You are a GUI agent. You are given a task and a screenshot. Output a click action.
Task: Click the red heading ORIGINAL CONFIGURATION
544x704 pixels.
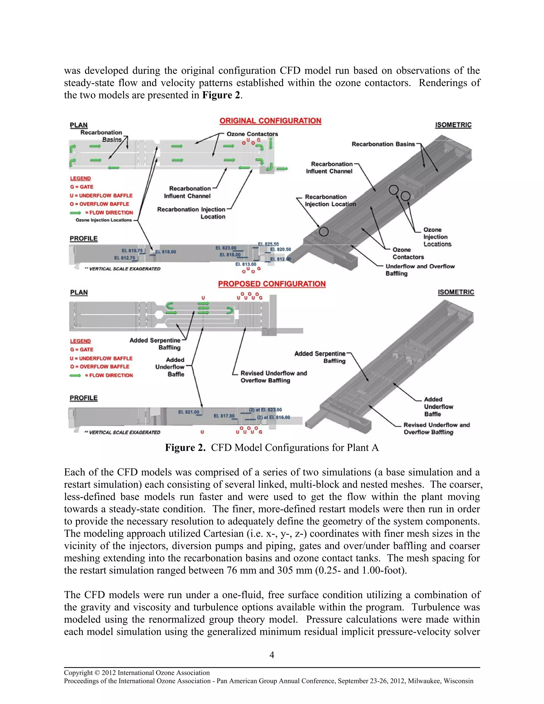coord(270,121)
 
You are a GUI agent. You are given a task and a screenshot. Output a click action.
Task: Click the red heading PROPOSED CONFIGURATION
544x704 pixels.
coord(272,284)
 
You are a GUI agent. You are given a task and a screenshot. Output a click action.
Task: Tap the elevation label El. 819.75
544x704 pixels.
coord(132,251)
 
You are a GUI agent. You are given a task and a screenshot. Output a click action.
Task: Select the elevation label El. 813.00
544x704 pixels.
coord(246,264)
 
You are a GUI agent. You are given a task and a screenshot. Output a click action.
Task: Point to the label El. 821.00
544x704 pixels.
coord(189,412)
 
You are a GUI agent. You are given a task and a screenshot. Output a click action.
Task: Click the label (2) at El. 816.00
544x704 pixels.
coord(273,417)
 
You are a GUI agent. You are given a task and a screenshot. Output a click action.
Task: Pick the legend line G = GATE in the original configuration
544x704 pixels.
coord(82,187)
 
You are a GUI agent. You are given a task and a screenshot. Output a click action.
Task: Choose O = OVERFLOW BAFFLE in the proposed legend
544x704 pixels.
coord(100,367)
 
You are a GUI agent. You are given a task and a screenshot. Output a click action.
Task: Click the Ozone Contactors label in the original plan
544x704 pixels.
coord(252,134)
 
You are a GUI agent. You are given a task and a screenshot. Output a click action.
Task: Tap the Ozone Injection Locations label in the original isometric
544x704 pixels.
coord(437,237)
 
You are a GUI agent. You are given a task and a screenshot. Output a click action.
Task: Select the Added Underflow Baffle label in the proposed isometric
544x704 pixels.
coord(438,407)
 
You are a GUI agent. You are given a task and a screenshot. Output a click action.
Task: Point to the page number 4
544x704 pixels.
coord(272,655)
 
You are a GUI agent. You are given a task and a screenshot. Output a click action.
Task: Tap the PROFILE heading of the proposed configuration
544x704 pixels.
coord(83,398)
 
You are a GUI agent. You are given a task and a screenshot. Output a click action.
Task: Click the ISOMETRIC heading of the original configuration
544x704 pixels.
coord(453,125)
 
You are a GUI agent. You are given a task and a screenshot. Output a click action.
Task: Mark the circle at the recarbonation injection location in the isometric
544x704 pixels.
coord(324,231)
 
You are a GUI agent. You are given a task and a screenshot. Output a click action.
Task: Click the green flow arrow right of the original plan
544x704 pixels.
coord(282,169)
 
